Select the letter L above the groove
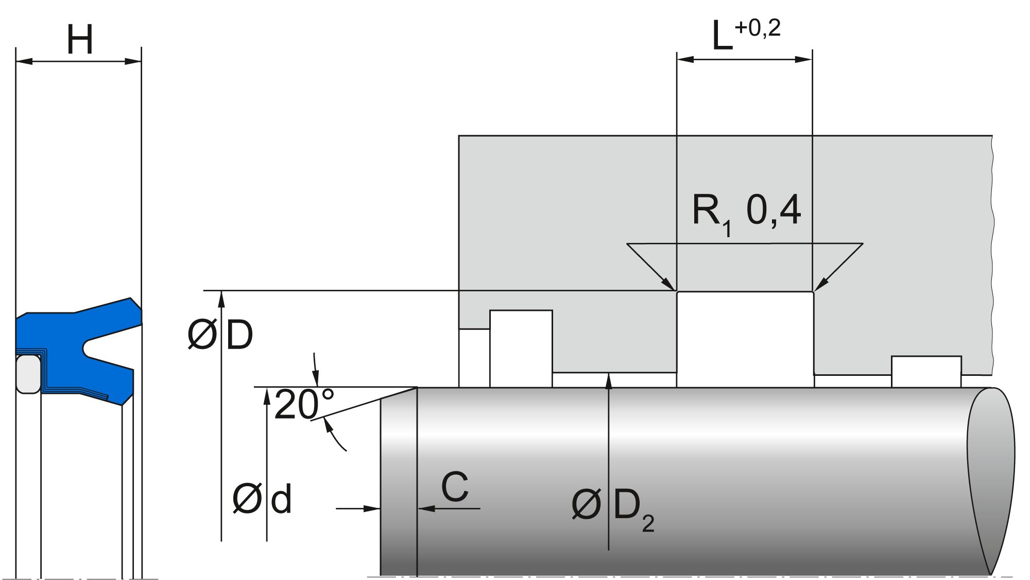[722, 36]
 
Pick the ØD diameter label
[220, 335]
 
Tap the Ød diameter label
[262, 499]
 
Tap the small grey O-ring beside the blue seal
[28, 374]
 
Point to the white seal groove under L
[745, 338]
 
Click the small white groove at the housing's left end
[521, 348]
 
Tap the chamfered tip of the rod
[398, 479]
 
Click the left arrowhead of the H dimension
[23, 62]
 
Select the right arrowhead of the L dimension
[804, 59]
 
